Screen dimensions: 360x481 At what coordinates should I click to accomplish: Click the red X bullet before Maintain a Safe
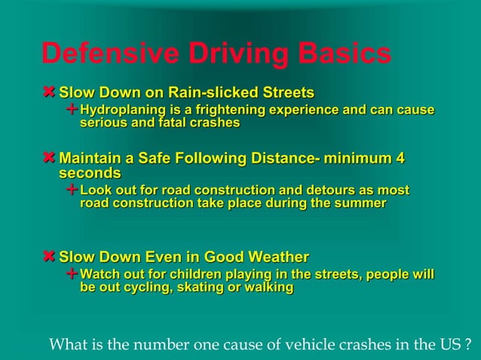click(50, 159)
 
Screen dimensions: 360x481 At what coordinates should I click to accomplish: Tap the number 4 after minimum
click(400, 159)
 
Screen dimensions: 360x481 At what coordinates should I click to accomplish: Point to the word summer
click(360, 203)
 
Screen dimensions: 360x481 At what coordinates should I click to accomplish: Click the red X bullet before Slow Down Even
click(50, 256)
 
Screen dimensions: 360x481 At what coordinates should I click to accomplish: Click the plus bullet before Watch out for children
click(72, 273)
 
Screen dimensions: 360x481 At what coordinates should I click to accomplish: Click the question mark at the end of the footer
click(469, 346)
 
